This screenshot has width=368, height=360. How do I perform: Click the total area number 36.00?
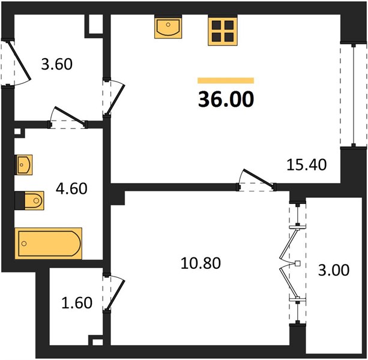pos(226,99)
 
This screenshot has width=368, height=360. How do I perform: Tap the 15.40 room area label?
pos(307,164)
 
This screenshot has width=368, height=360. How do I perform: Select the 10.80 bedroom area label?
pos(201,263)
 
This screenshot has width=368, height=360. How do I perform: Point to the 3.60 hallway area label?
pos(56,64)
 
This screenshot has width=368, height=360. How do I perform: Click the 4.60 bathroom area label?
pos(71,188)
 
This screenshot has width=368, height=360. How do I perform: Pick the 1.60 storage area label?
pos(77,302)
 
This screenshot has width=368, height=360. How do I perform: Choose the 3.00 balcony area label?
pos(334,270)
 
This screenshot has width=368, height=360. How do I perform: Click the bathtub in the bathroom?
pos(49,244)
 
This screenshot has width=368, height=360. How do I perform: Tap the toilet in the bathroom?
pos(29,200)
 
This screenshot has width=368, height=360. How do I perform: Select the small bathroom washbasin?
pos(23,164)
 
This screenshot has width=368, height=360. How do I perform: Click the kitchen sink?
pos(168,26)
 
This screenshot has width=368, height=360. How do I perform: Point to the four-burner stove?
pos(223,30)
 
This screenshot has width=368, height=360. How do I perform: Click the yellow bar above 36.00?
pos(226,80)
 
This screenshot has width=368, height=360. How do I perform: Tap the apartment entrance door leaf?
pos(19,60)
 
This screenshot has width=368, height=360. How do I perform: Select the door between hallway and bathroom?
pos(69,115)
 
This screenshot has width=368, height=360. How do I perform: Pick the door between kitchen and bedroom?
pos(258,178)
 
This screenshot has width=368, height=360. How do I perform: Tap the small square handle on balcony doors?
pos(297,263)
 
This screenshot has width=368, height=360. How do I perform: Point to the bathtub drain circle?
pos(24,244)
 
